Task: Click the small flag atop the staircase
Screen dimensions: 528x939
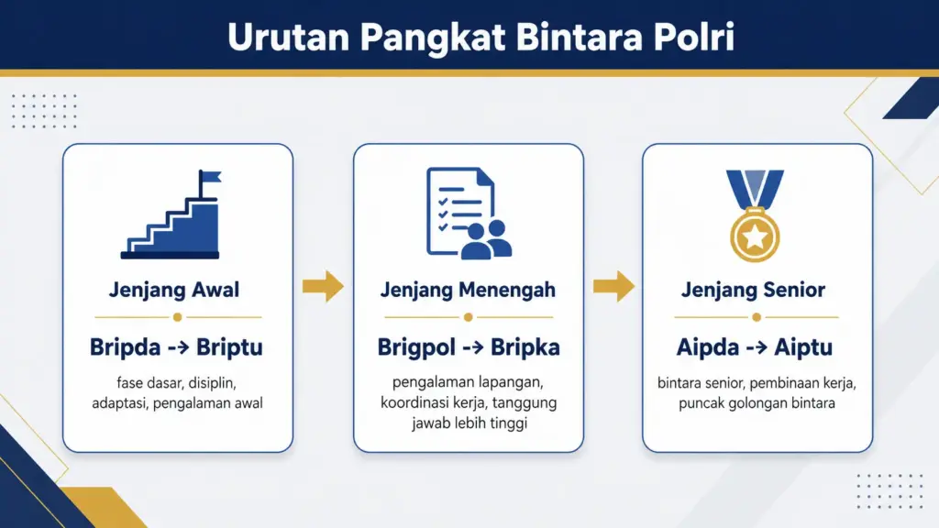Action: (x=210, y=178)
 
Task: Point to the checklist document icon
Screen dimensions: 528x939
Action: (x=457, y=209)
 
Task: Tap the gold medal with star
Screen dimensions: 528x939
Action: (x=754, y=235)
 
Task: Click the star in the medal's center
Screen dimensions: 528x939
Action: (x=754, y=237)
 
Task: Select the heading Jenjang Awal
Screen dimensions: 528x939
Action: (x=174, y=291)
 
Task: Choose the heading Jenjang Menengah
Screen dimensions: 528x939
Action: (x=468, y=291)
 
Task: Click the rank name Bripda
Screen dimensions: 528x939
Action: (x=125, y=348)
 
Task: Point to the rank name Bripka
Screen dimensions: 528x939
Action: (x=525, y=348)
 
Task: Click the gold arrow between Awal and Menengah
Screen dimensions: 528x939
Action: (x=323, y=287)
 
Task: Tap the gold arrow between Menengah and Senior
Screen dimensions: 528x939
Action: (x=613, y=287)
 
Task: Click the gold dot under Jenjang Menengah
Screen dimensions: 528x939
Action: (x=468, y=317)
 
